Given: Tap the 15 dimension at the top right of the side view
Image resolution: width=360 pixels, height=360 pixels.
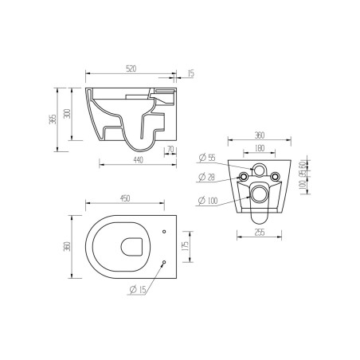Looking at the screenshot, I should click(x=190, y=74).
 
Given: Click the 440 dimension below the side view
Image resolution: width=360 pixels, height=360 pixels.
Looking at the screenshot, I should click(x=136, y=161).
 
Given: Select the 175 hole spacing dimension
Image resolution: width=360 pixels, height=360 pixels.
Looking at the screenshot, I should click(x=184, y=247).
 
